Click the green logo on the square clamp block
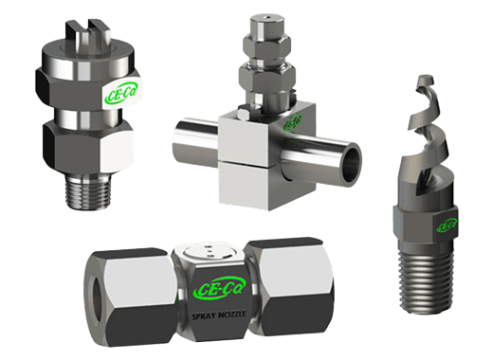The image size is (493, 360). pyautogui.click(x=294, y=121)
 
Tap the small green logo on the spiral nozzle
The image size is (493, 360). pyautogui.click(x=445, y=226)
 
